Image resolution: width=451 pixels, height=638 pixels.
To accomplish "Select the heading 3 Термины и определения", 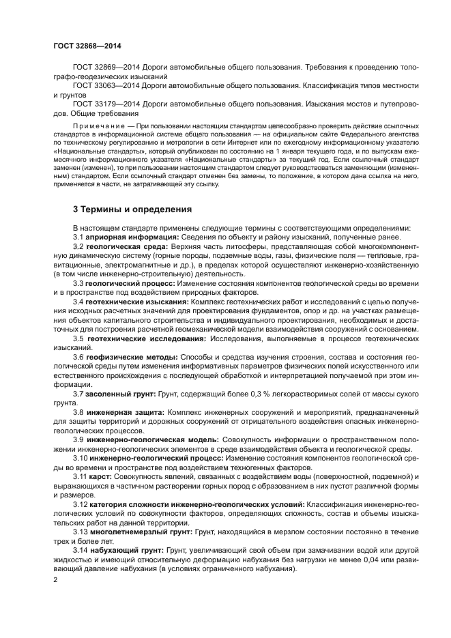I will (132, 209).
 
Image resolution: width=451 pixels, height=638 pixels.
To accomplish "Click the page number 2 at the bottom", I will (55, 579).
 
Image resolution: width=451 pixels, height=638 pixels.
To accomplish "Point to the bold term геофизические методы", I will (123, 356).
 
